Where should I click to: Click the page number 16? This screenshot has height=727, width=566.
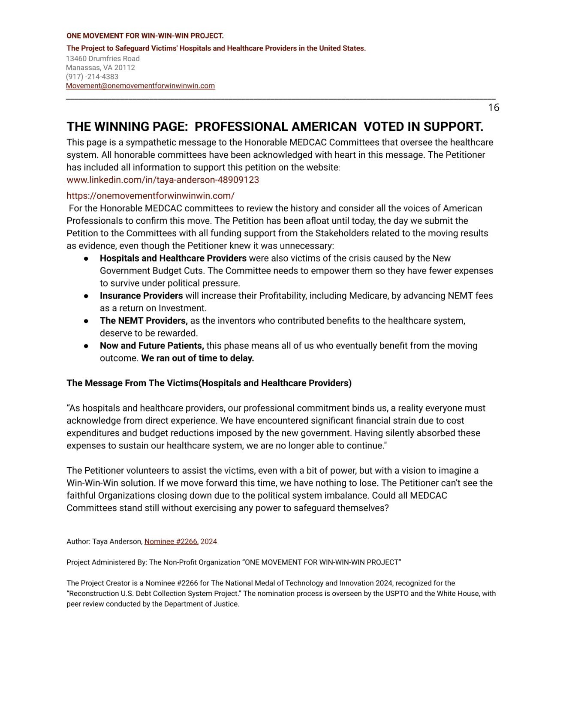(x=494, y=108)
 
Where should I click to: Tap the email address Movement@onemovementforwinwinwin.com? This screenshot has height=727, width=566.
(x=140, y=86)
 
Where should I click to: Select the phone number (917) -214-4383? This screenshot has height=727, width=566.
(x=92, y=77)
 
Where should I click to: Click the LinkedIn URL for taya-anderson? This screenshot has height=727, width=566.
(x=163, y=180)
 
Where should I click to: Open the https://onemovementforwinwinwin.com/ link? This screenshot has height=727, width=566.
(x=150, y=196)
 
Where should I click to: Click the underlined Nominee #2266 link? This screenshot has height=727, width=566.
(x=171, y=541)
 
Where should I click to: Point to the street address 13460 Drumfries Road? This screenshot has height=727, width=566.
(x=102, y=59)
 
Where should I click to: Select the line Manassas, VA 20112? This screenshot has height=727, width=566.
(x=100, y=68)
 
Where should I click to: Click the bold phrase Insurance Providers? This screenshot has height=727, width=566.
(x=141, y=296)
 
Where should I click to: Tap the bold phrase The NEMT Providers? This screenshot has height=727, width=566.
(x=144, y=321)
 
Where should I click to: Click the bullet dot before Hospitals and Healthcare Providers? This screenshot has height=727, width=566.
(x=86, y=258)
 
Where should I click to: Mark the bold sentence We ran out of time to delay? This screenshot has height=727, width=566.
(x=197, y=358)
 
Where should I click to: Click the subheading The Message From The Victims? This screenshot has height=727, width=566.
(x=209, y=383)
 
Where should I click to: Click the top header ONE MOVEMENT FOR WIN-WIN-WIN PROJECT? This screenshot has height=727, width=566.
(x=145, y=36)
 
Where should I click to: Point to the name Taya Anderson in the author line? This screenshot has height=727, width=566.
(x=117, y=541)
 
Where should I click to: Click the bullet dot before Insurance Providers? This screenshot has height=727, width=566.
(x=86, y=296)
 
